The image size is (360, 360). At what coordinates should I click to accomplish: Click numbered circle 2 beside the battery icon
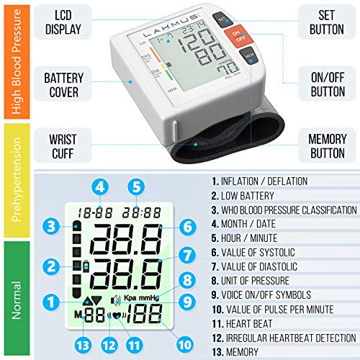(x=50, y=267)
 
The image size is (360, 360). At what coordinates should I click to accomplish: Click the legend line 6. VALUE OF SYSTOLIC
(x=266, y=253)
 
